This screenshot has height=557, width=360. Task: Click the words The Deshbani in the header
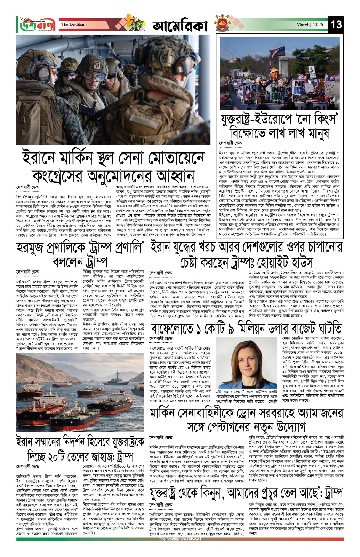(x=74, y=25)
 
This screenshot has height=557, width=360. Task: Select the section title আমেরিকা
(x=180, y=26)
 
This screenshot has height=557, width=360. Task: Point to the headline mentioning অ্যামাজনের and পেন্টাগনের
(x=246, y=420)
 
